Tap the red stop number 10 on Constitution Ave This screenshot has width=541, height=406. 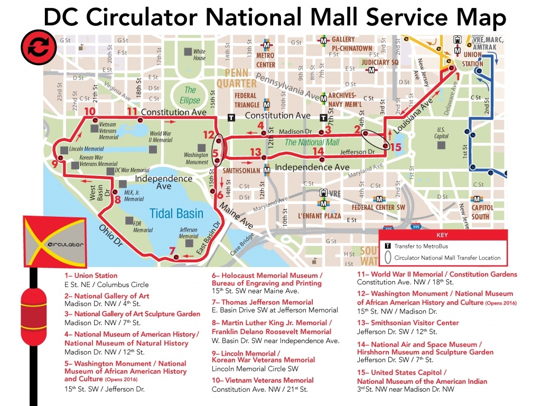tap(89, 112)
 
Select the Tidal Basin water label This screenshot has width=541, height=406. tap(176, 213)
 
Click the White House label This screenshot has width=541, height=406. tap(199, 54)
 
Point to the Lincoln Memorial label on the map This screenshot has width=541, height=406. tap(86, 150)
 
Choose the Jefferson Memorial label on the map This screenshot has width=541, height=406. tap(189, 233)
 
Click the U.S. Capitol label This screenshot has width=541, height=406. tap(442, 133)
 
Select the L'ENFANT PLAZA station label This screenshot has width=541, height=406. tap(319, 216)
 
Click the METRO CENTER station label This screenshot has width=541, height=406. tap(266, 60)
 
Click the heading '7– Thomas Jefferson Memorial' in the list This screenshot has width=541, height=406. tap(263, 302)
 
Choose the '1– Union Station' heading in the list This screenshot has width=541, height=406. tap(86, 275)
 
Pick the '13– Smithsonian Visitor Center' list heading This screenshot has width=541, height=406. tap(408, 322)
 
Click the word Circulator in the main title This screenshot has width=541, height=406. tap(143, 17)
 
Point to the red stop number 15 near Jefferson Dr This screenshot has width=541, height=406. tap(396, 147)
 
